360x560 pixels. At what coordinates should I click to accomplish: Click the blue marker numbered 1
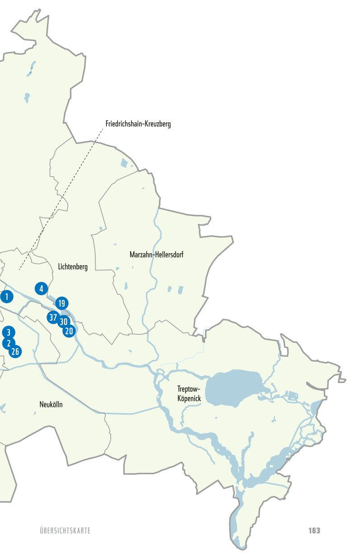click(6, 297)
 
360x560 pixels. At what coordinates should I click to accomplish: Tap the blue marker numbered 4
click(41, 289)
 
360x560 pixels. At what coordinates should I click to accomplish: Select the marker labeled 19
click(62, 303)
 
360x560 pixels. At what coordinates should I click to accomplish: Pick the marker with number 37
click(53, 317)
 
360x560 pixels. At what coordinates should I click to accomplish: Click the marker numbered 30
click(64, 322)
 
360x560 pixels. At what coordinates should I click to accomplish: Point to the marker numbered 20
click(69, 331)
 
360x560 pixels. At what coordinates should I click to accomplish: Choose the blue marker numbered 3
click(8, 332)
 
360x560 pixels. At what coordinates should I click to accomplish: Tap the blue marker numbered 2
click(8, 343)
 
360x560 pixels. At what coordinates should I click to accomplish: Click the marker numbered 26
click(15, 351)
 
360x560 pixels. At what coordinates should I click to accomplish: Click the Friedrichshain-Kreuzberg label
click(138, 124)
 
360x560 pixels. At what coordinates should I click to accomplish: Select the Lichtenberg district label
click(73, 267)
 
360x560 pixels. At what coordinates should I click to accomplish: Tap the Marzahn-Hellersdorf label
click(156, 255)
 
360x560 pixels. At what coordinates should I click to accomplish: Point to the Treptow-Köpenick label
click(189, 393)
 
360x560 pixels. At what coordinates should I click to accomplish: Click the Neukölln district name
click(51, 405)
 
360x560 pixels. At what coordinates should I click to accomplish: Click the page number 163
click(314, 530)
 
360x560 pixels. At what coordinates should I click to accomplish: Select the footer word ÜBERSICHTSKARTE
click(65, 531)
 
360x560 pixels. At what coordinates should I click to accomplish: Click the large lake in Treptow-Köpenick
click(234, 386)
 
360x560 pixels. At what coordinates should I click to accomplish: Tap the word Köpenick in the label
click(189, 399)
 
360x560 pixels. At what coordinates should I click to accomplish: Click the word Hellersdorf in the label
click(169, 255)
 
